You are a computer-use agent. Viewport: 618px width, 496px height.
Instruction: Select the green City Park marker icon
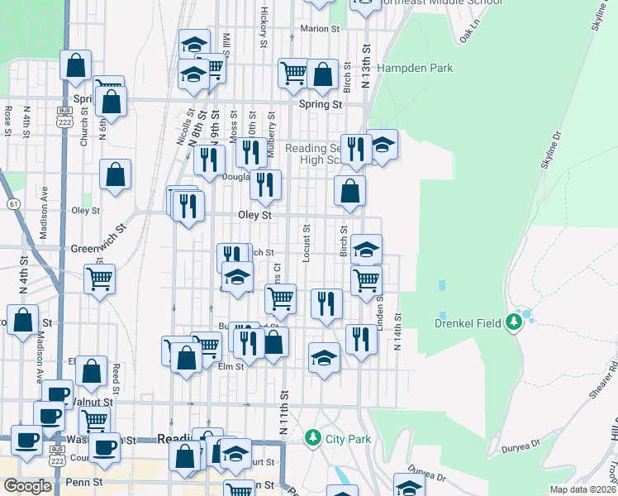point(312,436)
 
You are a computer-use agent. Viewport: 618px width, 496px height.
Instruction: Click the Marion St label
point(320,28)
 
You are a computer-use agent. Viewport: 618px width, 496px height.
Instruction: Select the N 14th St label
point(397,331)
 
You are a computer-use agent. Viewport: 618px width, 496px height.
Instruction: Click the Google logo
point(27,486)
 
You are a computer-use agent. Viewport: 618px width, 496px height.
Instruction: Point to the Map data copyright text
point(582,489)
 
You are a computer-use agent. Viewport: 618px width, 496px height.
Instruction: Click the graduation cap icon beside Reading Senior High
point(382,145)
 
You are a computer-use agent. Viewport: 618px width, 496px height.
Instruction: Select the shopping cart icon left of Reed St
point(100,278)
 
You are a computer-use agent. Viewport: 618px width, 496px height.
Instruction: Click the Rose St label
point(7,120)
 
